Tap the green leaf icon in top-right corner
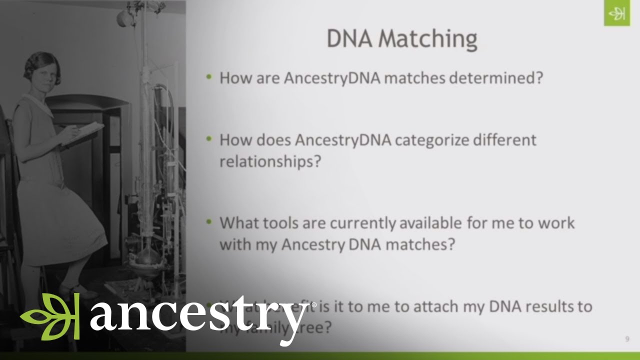[x=616, y=14]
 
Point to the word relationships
[x=269, y=161]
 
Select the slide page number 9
[x=627, y=339]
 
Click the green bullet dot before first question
[x=209, y=77]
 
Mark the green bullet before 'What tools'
[x=209, y=221]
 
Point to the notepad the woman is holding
[x=83, y=132]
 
